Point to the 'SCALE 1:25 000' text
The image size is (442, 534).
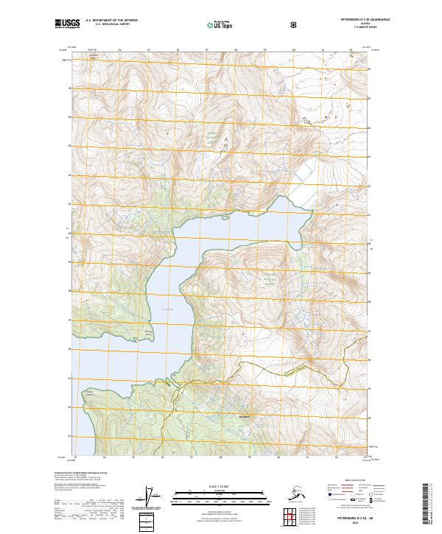coord(221,487)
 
